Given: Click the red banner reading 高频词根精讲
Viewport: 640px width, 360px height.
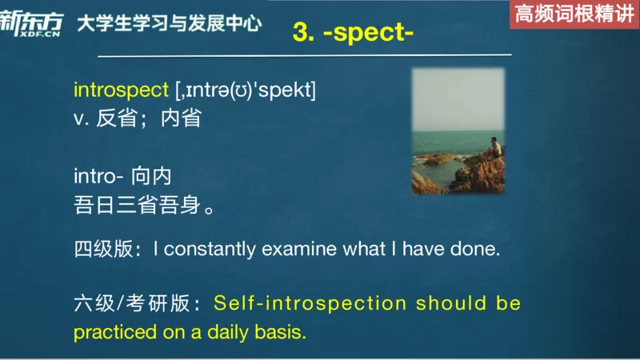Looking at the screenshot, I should coord(574,14).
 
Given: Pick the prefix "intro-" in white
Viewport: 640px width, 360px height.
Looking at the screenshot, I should coord(100,176).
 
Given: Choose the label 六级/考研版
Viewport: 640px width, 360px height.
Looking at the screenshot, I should coord(132,304).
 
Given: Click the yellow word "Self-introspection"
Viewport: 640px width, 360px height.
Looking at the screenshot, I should coord(310,304).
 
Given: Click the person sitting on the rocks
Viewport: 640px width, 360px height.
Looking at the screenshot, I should coord(495,149).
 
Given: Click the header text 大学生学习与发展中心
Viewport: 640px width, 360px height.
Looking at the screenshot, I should coord(169,23).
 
